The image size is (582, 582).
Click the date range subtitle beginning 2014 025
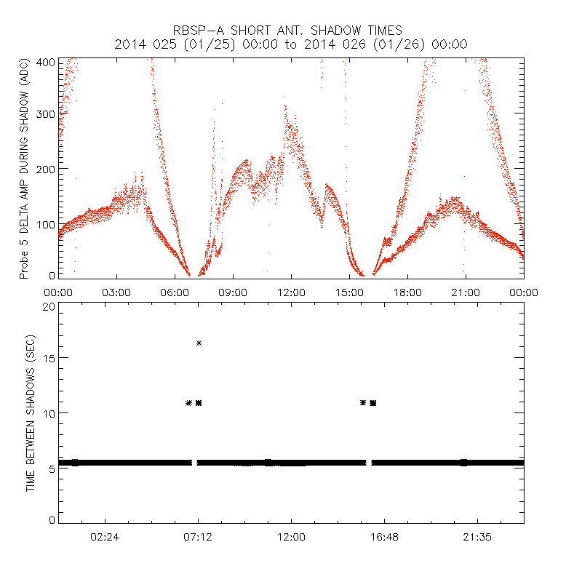pyautogui.click(x=291, y=44)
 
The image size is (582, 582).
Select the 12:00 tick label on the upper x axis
pyautogui.click(x=291, y=292)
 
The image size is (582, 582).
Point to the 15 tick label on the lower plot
pyautogui.click(x=49, y=359)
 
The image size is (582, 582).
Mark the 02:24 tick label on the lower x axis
pyautogui.click(x=105, y=538)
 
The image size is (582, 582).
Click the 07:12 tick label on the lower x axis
pyautogui.click(x=198, y=538)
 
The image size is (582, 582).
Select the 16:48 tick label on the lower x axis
pyautogui.click(x=384, y=538)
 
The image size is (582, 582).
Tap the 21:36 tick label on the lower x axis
pyautogui.click(x=477, y=538)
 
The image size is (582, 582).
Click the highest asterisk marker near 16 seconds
pyautogui.click(x=199, y=343)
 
